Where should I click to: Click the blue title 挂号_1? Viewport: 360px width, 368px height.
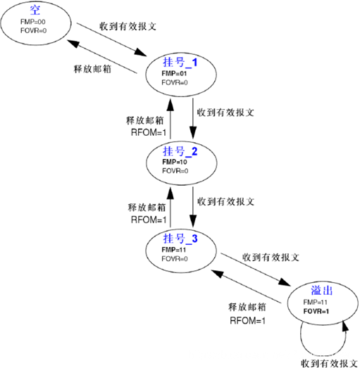coord(180,63)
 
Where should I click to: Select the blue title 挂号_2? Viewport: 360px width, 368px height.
coord(180,151)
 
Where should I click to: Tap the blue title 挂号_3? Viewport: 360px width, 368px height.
coord(180,239)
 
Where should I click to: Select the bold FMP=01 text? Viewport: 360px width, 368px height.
coord(173,73)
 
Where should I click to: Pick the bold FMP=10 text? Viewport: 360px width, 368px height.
coord(173,162)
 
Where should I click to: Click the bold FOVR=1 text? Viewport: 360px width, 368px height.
coord(316,310)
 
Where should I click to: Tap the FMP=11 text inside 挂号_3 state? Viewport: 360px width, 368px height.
coord(173,250)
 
